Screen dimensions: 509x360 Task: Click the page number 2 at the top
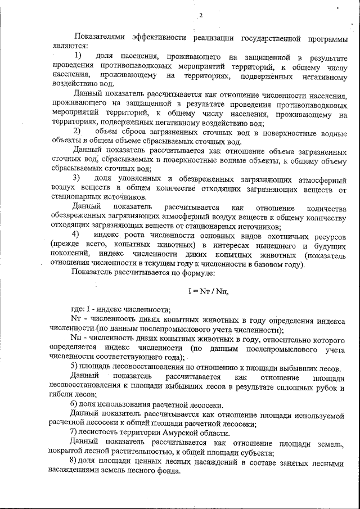(x=200, y=15)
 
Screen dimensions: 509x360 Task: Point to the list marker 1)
(x=78, y=57)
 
